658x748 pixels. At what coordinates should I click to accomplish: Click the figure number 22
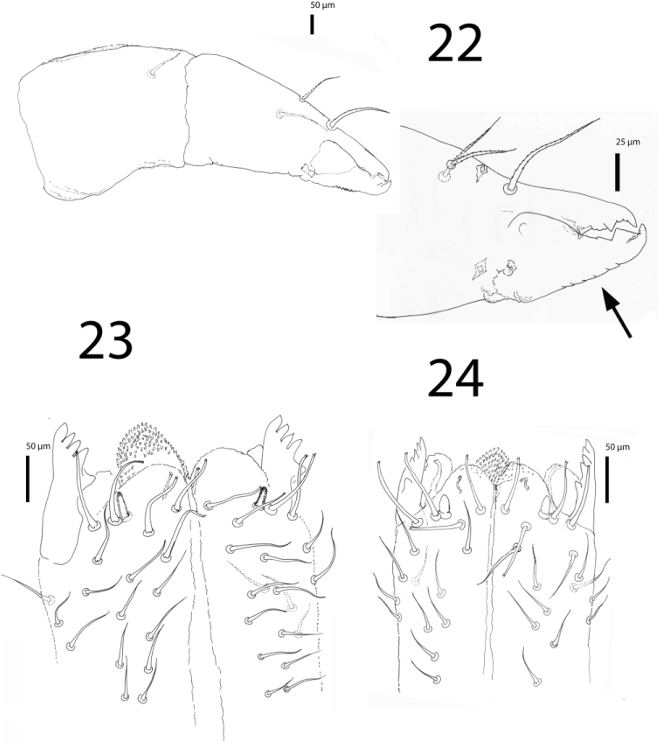(455, 44)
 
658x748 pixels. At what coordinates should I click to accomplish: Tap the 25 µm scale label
(628, 142)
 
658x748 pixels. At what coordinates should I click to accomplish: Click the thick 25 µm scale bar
(617, 172)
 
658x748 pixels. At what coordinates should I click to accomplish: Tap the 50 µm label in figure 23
(38, 446)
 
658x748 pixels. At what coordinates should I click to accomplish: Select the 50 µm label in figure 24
(617, 447)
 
